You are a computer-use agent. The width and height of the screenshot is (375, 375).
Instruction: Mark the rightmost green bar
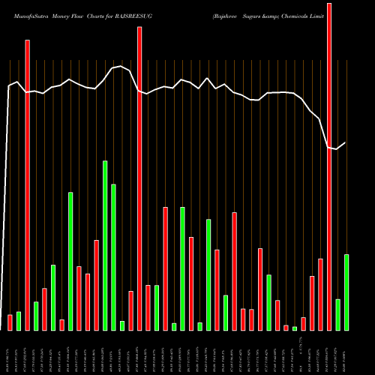point(346,292)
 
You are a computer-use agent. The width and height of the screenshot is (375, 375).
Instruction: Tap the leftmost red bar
point(10,322)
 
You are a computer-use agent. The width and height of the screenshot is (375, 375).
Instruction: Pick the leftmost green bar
point(19,321)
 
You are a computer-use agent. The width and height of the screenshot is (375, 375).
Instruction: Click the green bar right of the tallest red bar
point(338,314)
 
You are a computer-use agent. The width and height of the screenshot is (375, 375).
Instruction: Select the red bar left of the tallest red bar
point(321,294)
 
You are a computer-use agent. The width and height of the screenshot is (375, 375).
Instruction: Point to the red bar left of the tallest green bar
point(96,285)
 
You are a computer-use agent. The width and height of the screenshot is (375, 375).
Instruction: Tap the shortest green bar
point(295,328)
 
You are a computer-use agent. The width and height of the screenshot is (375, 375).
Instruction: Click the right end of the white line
point(346,142)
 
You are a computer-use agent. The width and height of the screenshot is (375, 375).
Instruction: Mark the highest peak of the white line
point(122,66)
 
